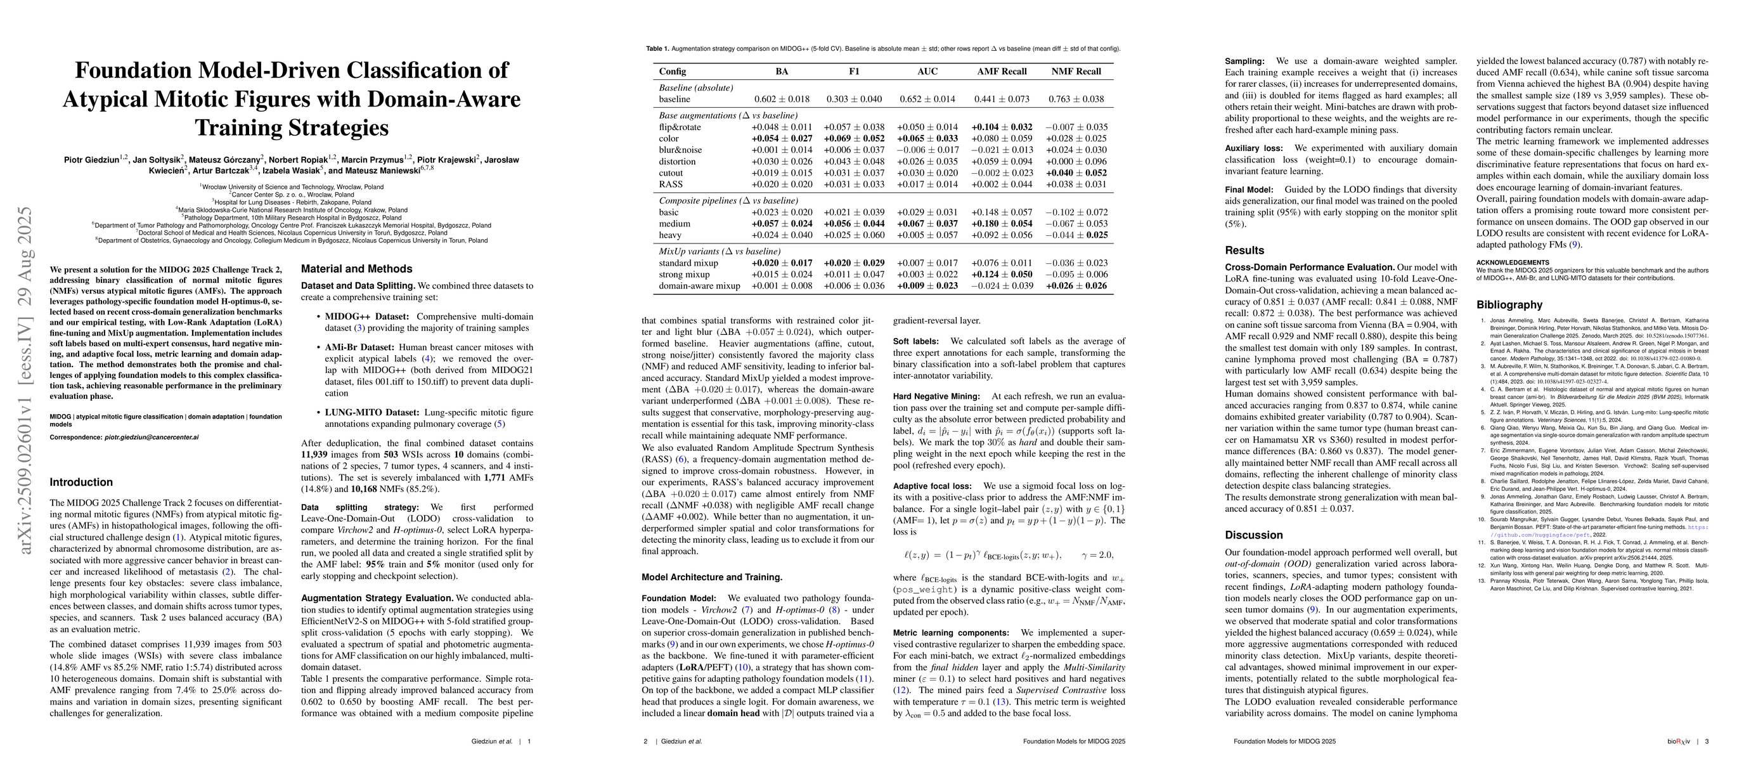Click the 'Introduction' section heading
click(x=81, y=483)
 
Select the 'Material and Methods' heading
click(x=356, y=269)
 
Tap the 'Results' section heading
click(x=1244, y=250)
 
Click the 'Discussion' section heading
click(x=1254, y=535)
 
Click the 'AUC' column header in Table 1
click(x=927, y=71)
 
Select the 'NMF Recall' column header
click(x=1076, y=71)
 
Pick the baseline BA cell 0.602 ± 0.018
click(x=782, y=99)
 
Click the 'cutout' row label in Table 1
click(x=671, y=173)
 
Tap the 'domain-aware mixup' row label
click(x=699, y=286)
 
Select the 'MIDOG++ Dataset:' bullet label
click(x=367, y=317)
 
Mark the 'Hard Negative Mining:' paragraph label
click(x=936, y=397)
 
